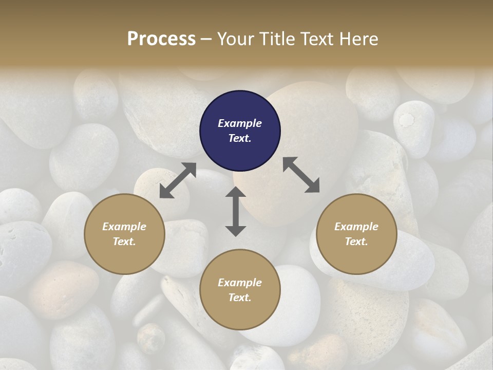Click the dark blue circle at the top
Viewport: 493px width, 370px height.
(x=240, y=131)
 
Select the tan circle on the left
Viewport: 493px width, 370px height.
(x=124, y=234)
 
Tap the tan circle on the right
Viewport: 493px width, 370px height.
(x=356, y=234)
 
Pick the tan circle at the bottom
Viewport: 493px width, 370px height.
(x=240, y=290)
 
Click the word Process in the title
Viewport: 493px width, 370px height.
(x=161, y=39)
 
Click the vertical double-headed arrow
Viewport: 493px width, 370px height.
(x=236, y=211)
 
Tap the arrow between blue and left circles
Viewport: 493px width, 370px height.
(x=178, y=180)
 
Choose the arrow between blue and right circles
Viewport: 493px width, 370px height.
(x=301, y=175)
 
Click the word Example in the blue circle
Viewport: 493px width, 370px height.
(x=240, y=123)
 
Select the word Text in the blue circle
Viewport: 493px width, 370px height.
(x=240, y=138)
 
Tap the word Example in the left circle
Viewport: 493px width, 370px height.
(x=124, y=227)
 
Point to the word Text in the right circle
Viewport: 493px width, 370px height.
(x=356, y=242)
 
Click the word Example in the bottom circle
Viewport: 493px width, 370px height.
(x=240, y=283)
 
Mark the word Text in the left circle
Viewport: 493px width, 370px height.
(x=124, y=242)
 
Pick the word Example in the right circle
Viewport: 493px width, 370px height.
(x=356, y=227)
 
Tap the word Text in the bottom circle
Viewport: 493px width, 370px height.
(x=240, y=298)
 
